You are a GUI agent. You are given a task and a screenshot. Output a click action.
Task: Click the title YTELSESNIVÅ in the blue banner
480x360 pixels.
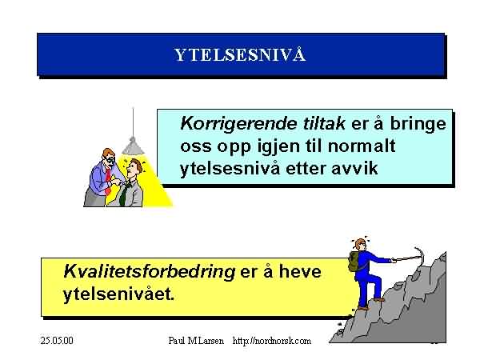[x=240, y=54]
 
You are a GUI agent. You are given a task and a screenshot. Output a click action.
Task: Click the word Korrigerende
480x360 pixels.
[x=238, y=124]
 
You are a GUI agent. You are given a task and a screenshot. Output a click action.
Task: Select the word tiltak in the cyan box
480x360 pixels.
[x=324, y=123]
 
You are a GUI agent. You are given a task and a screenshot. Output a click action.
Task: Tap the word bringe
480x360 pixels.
[x=418, y=124]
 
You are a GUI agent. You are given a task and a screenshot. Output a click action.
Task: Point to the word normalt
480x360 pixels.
[x=362, y=146]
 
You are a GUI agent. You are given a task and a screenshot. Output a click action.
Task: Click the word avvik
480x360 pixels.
[x=354, y=168]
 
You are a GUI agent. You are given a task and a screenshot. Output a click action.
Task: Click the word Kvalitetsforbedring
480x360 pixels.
[x=149, y=272]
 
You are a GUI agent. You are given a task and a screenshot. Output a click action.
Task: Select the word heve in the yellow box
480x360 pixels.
[x=300, y=271]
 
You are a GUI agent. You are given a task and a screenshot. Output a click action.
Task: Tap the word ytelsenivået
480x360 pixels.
[x=118, y=294]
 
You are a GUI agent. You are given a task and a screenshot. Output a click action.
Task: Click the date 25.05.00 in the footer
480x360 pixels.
[x=57, y=341]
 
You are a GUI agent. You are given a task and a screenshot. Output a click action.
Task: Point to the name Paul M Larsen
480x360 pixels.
[x=196, y=341]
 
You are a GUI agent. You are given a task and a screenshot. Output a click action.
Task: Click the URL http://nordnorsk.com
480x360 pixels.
[x=272, y=341]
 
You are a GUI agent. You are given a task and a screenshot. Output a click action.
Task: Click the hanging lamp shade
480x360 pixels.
[x=133, y=146]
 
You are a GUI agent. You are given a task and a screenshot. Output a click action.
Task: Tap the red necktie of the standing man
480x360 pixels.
[x=108, y=182]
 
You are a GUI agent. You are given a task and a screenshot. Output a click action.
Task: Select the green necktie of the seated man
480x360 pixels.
[x=124, y=194]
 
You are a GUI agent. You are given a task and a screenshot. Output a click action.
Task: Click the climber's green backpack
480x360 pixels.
[x=354, y=261]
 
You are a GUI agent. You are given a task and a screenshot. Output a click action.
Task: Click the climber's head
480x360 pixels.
[x=360, y=244]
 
